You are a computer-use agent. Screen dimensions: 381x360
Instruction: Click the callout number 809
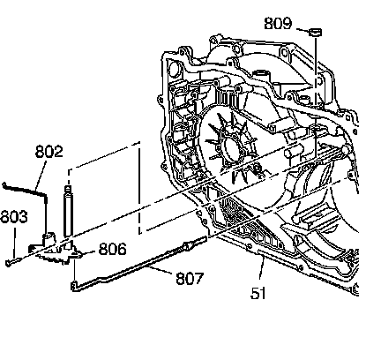coord(278,24)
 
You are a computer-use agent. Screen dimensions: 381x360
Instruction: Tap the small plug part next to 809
coord(316,32)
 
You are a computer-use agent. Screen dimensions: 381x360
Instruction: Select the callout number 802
coord(49,152)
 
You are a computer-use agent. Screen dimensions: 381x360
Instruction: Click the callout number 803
coord(14,217)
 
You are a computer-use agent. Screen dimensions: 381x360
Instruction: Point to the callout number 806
coord(113,249)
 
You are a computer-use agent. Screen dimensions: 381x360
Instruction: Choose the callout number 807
coord(190,278)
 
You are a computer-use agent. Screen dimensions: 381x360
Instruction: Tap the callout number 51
coord(258,293)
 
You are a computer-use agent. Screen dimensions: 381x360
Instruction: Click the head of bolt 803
coord(9,263)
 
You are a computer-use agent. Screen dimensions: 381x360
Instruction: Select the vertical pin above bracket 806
coord(68,211)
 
